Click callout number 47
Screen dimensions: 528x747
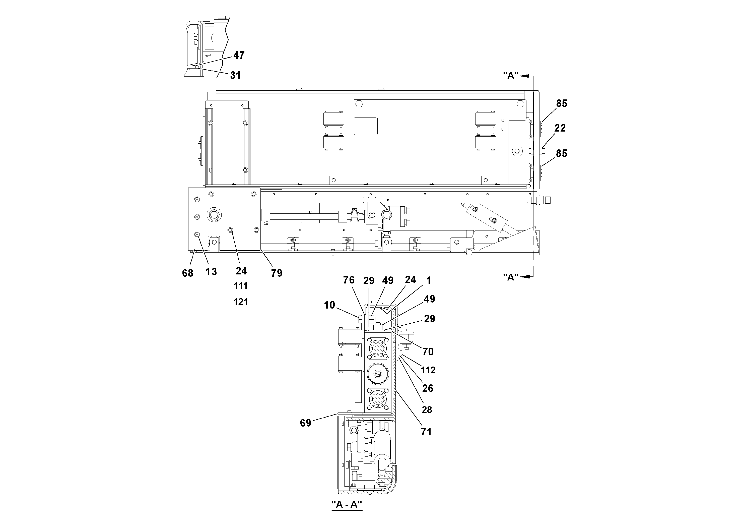pyautogui.click(x=239, y=55)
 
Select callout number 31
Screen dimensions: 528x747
pyautogui.click(x=235, y=76)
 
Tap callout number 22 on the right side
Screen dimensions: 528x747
pyautogui.click(x=560, y=128)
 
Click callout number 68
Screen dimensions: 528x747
pyautogui.click(x=187, y=273)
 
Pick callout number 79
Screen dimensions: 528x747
pyautogui.click(x=277, y=273)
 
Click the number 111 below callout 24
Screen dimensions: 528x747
pyautogui.click(x=241, y=286)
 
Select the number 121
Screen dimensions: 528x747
pyautogui.click(x=241, y=302)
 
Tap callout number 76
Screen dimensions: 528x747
pyautogui.click(x=349, y=280)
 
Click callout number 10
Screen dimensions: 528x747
pyautogui.click(x=329, y=305)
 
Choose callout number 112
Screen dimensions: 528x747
pyautogui.click(x=428, y=370)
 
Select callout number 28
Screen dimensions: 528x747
pyautogui.click(x=427, y=409)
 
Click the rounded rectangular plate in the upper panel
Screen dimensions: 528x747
pyautogui.click(x=366, y=126)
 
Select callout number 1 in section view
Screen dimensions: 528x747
pyautogui.click(x=429, y=280)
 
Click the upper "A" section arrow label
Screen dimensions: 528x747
pyautogui.click(x=510, y=76)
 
